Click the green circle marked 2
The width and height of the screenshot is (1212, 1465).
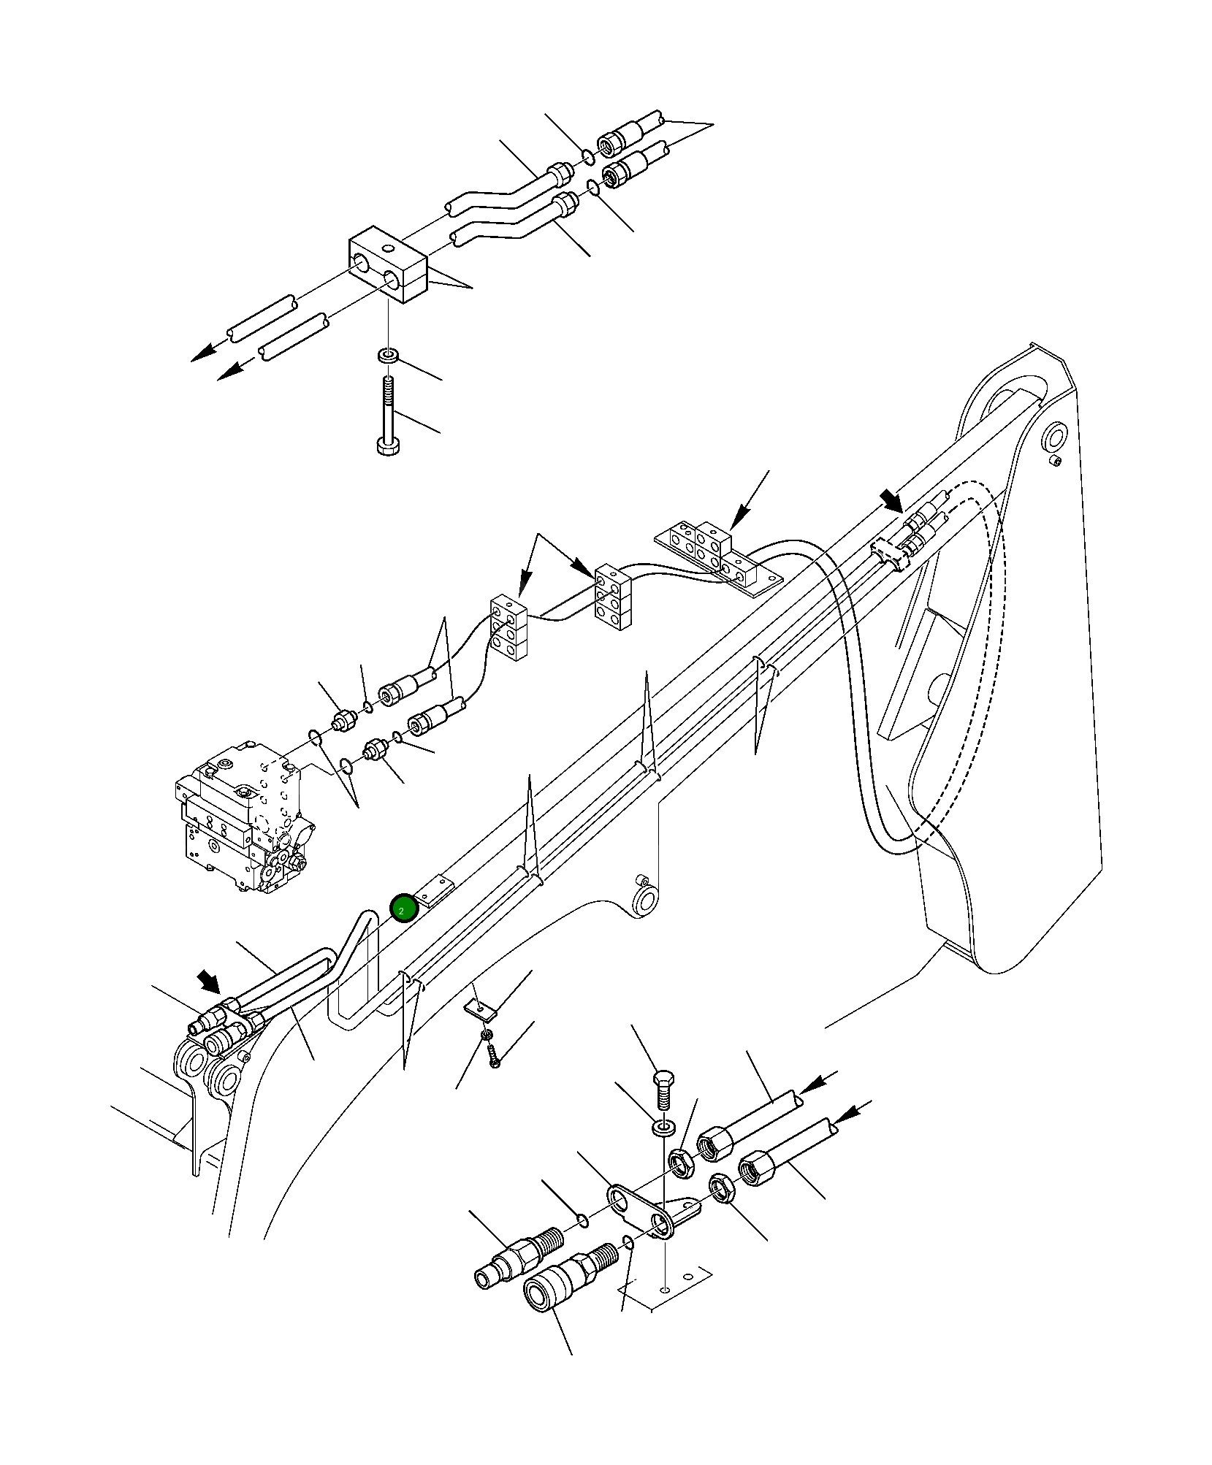(x=403, y=909)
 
